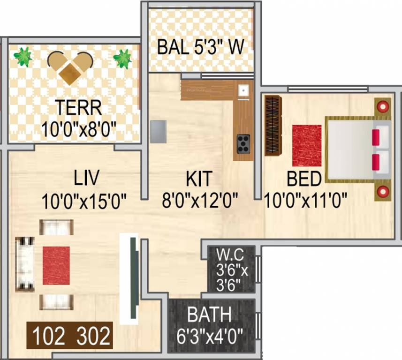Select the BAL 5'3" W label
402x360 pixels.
[x=200, y=47]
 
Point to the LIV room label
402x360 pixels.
[x=88, y=179]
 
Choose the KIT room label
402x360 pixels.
[x=199, y=179]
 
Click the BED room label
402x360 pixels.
[x=304, y=179]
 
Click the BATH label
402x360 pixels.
[x=209, y=315]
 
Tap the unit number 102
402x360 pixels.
[x=49, y=336]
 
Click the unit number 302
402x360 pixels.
[x=94, y=336]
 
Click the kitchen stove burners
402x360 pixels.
[x=243, y=143]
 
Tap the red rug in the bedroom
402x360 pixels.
[x=307, y=145]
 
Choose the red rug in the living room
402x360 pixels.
[x=56, y=265]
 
